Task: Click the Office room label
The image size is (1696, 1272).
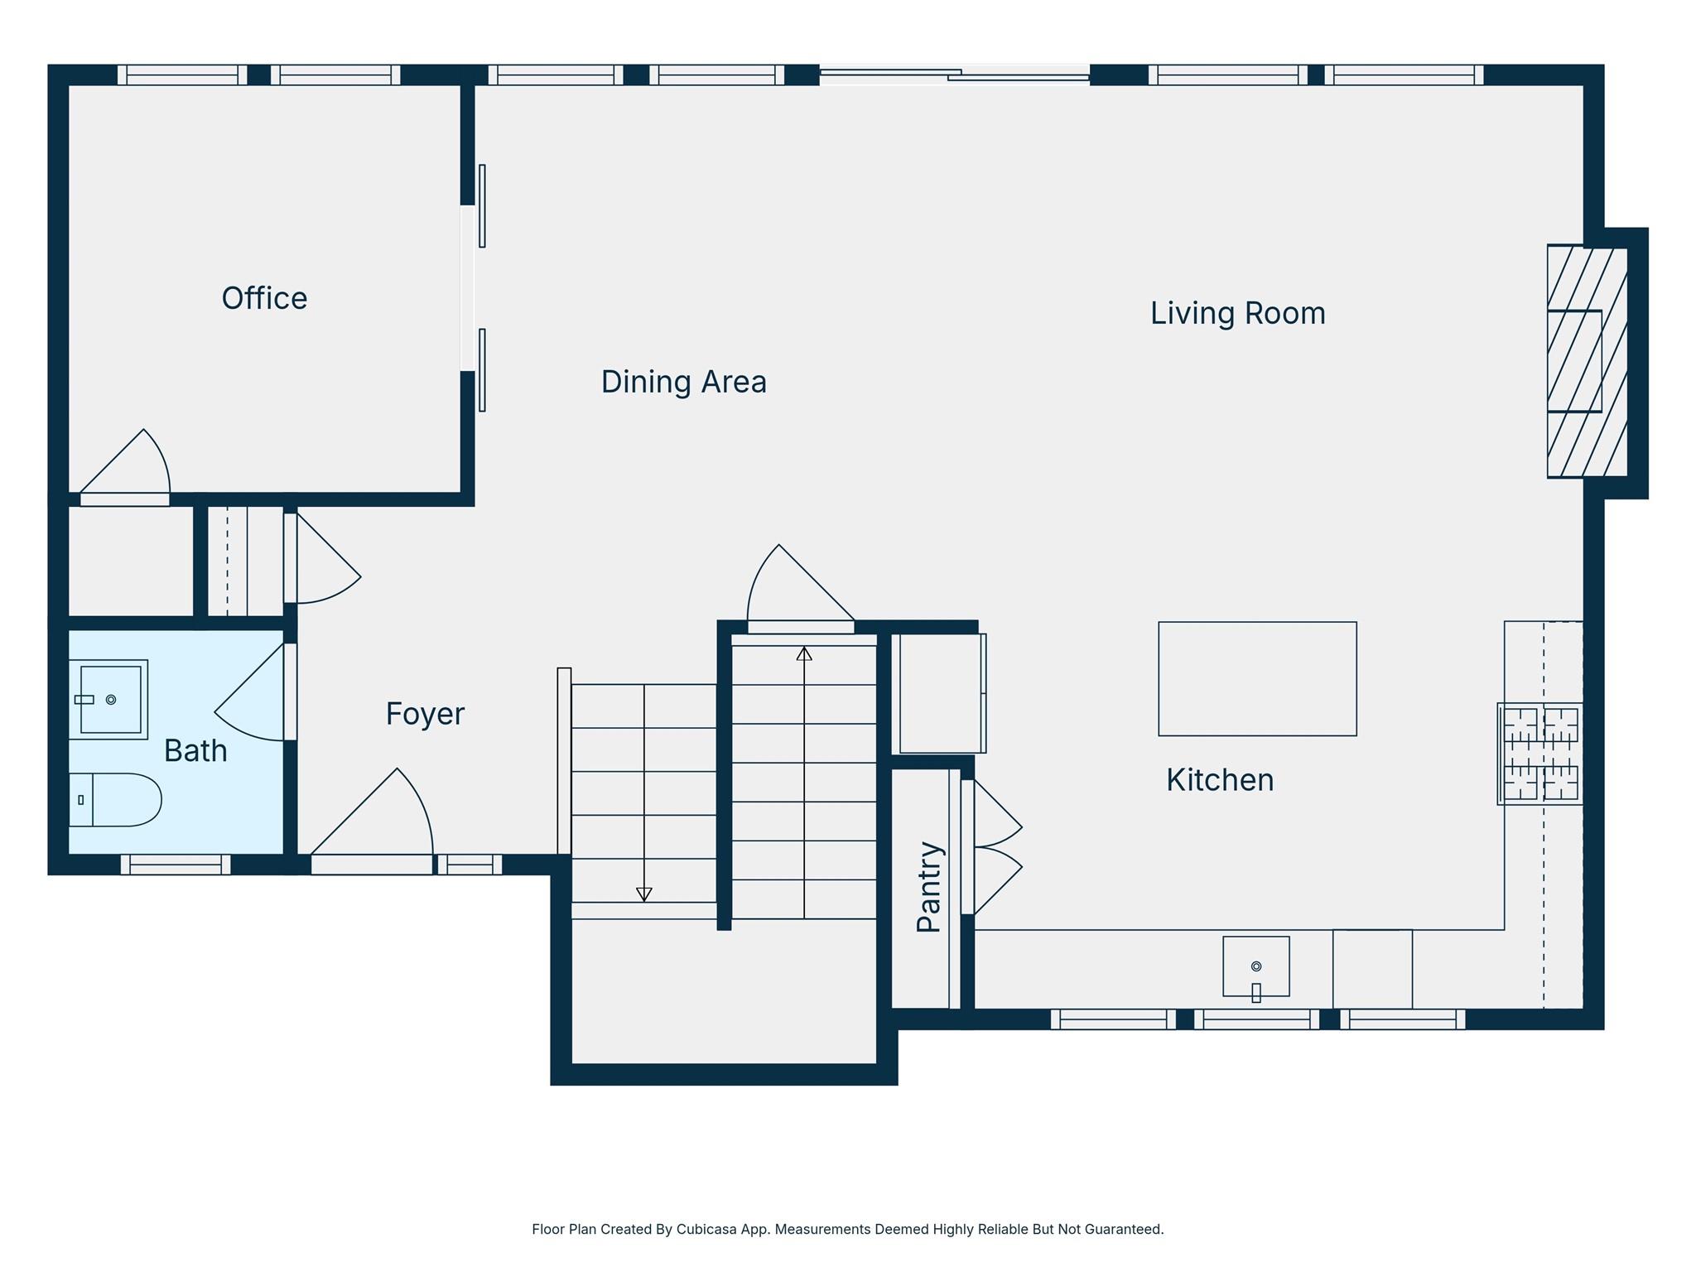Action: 264,298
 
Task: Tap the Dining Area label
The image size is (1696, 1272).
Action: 683,382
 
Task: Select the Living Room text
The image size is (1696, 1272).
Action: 1237,313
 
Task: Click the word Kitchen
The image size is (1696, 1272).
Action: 1219,780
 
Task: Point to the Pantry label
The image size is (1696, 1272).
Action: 929,887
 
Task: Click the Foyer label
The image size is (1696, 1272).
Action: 425,714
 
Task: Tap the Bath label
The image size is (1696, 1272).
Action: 195,751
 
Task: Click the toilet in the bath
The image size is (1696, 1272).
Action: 116,800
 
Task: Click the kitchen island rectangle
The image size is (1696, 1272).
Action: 1256,678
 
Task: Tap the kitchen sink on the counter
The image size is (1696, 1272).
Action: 1255,966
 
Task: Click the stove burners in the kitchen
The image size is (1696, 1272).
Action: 1540,754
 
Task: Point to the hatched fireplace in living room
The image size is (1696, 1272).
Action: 1586,362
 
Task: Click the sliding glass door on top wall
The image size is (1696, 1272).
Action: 954,75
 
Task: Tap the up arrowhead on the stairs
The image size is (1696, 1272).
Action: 804,654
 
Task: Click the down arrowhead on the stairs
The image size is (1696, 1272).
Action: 644,894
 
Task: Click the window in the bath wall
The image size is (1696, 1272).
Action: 176,865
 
